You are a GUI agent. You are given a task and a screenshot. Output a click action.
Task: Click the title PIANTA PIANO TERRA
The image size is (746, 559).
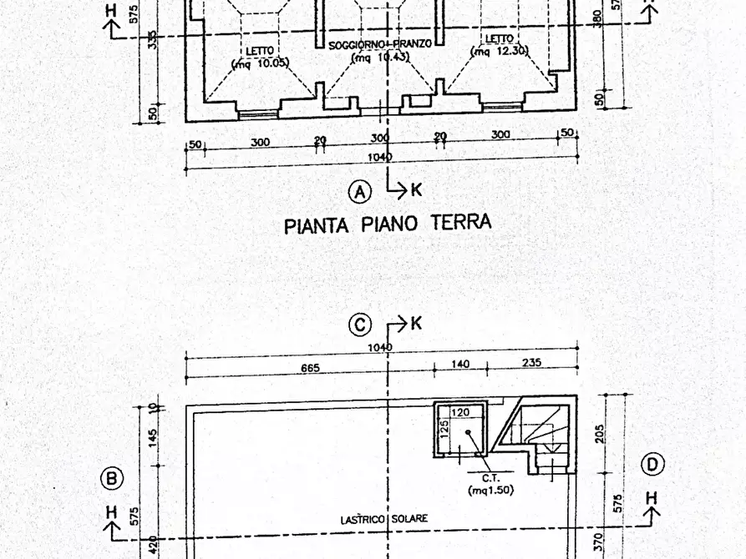coord(388,224)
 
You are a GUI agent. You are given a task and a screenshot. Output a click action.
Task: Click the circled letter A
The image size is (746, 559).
coord(359,193)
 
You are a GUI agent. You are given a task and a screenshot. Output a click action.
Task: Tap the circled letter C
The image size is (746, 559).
coord(359,325)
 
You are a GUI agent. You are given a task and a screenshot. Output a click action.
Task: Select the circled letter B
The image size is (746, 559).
coord(111,478)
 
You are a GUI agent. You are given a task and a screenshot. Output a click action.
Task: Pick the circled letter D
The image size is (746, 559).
coord(652,464)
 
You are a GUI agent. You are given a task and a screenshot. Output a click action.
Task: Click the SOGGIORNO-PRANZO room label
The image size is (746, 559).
coord(380,44)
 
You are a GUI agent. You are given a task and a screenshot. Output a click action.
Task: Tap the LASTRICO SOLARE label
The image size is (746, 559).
coord(385,518)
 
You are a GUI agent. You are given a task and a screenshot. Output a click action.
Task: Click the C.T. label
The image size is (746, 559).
coord(490,478)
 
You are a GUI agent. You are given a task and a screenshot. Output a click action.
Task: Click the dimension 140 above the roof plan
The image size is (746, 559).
coord(460,364)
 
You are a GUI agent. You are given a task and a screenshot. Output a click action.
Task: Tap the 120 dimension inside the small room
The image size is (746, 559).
coord(460,412)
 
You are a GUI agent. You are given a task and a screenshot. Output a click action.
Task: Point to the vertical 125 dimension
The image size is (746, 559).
coord(444,431)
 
